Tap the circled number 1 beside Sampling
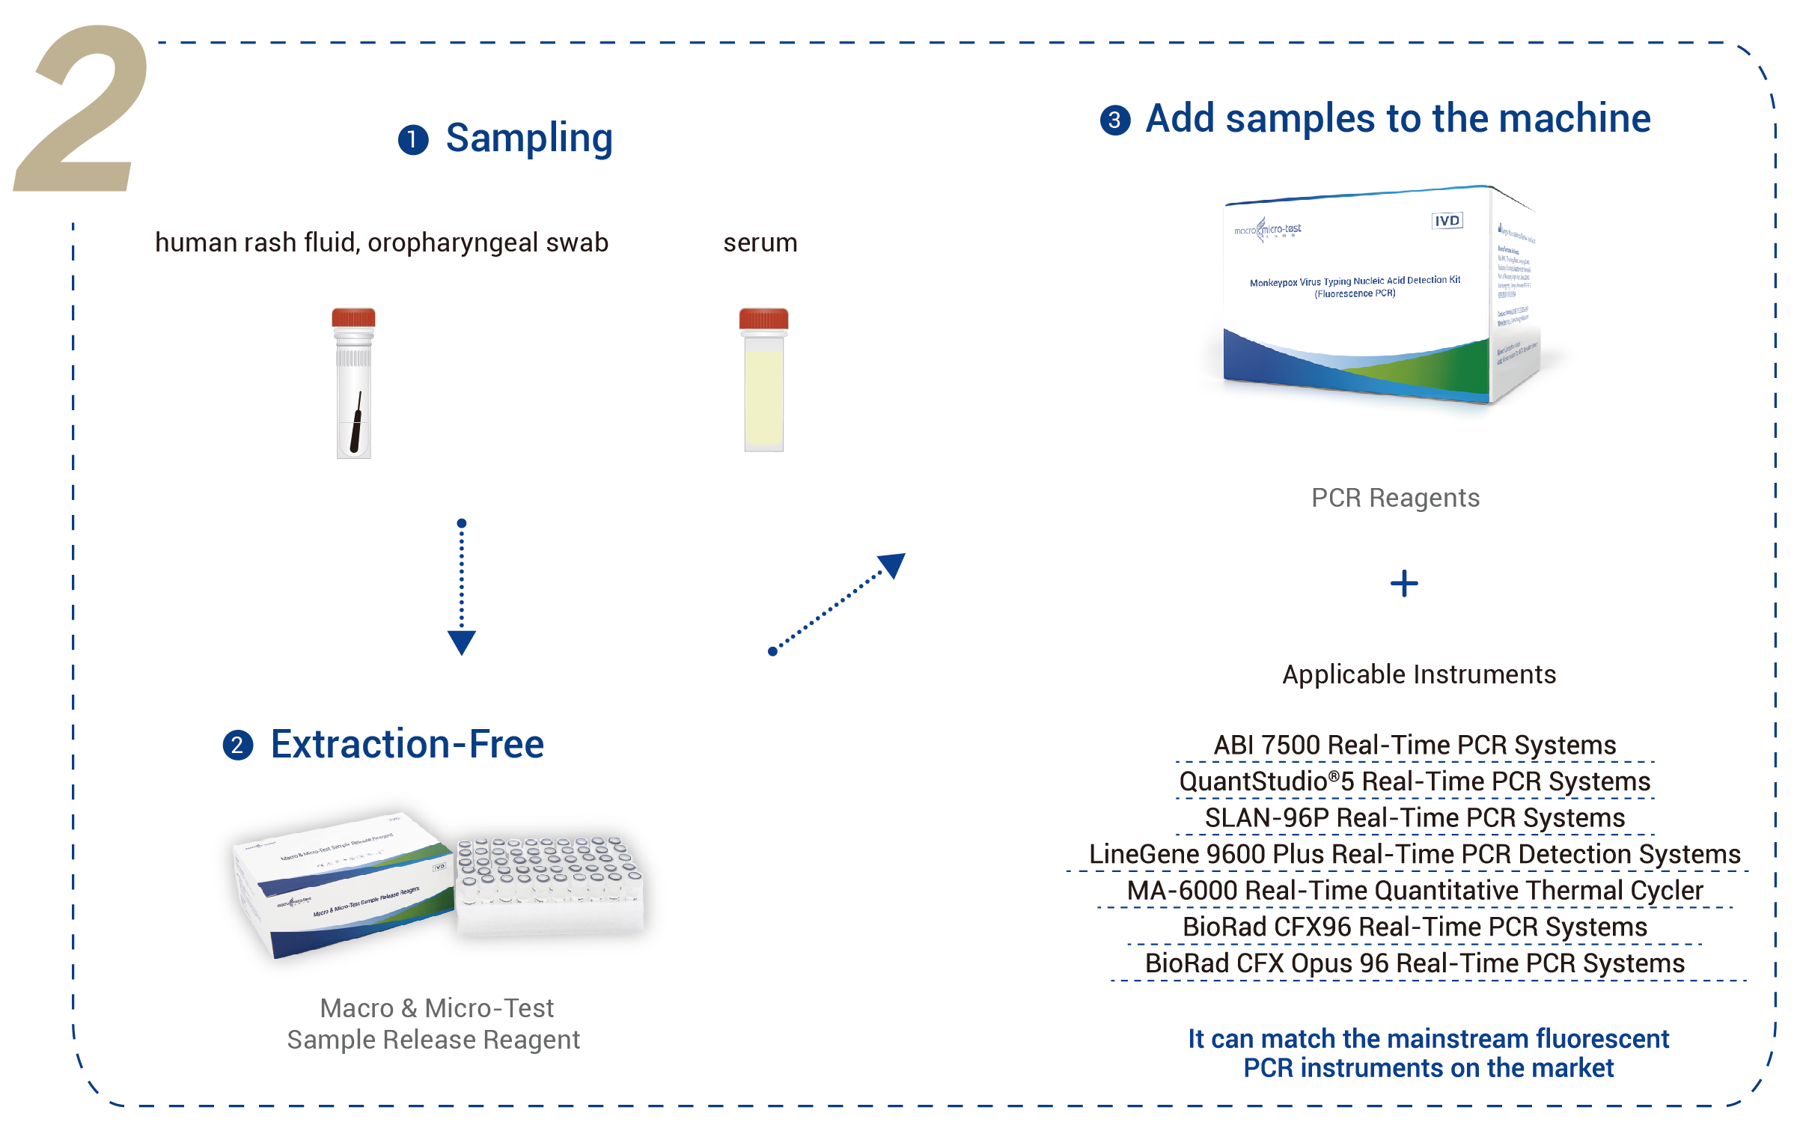pyautogui.click(x=412, y=140)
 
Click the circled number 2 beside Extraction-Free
pyautogui.click(x=238, y=746)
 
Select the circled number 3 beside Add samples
pyautogui.click(x=1115, y=120)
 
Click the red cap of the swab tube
pyautogui.click(x=353, y=317)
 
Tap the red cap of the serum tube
pyautogui.click(x=763, y=319)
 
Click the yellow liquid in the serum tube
pyautogui.click(x=763, y=397)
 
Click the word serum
pyautogui.click(x=760, y=243)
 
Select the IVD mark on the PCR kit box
pyautogui.click(x=1447, y=221)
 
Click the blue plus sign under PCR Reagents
pyautogui.click(x=1404, y=584)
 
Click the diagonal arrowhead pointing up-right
pyautogui.click(x=892, y=564)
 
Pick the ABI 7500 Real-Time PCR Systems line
pyautogui.click(x=1415, y=746)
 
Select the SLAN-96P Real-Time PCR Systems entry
pyautogui.click(x=1415, y=818)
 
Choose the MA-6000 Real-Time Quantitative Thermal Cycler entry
pyautogui.click(x=1415, y=891)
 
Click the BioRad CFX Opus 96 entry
pyautogui.click(x=1415, y=963)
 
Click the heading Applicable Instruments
pyautogui.click(x=1419, y=674)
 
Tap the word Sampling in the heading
pyautogui.click(x=528, y=138)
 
